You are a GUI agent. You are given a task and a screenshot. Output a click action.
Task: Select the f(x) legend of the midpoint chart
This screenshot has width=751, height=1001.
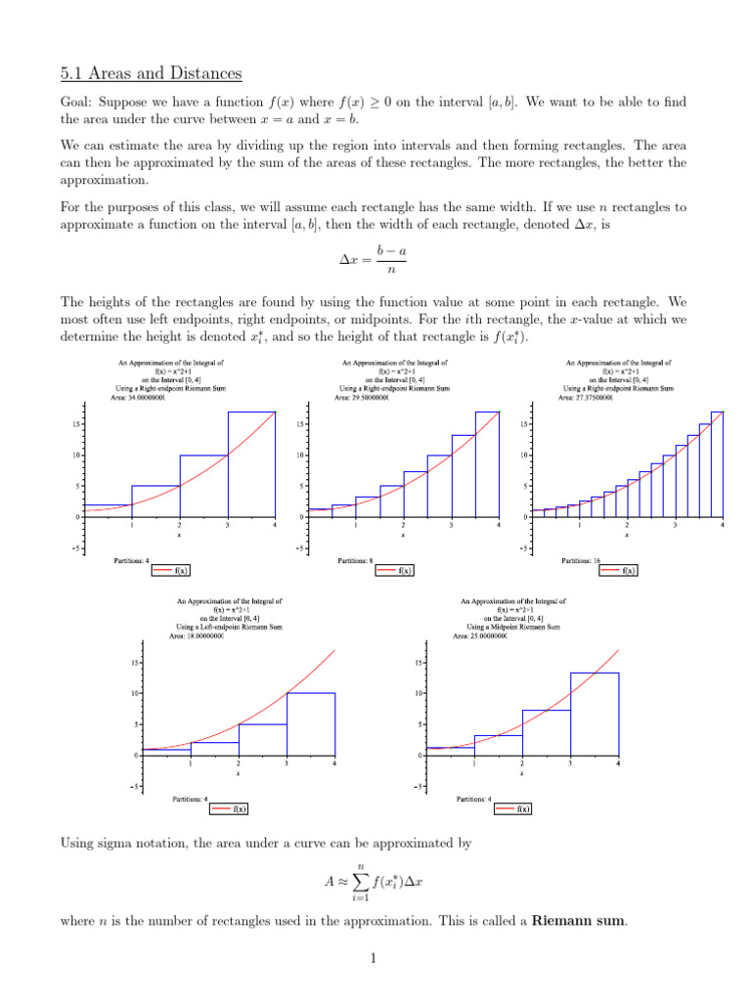point(514,808)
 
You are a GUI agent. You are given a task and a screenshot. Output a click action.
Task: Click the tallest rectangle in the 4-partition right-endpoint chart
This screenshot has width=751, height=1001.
point(251,464)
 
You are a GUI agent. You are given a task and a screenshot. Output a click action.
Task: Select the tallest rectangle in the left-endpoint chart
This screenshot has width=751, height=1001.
point(311,724)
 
